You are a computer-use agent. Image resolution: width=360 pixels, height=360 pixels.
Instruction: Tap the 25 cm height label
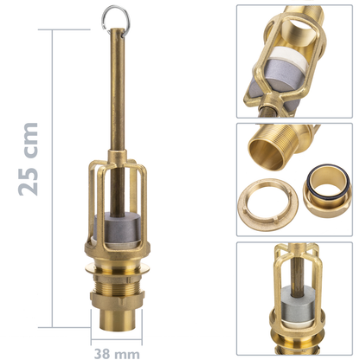pos(28,159)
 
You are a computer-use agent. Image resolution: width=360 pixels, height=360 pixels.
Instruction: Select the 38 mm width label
pos(117,354)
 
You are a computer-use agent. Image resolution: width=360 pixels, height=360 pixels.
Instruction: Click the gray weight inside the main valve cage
pos(118,227)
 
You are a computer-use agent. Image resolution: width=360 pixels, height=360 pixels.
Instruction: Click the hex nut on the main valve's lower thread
pos(117,300)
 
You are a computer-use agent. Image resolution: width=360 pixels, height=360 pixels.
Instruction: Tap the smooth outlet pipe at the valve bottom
pos(118,320)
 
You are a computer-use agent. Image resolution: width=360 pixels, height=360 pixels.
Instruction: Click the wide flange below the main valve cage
pos(118,267)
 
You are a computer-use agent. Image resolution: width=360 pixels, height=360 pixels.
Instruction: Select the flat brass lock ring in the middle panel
pos(268,205)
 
